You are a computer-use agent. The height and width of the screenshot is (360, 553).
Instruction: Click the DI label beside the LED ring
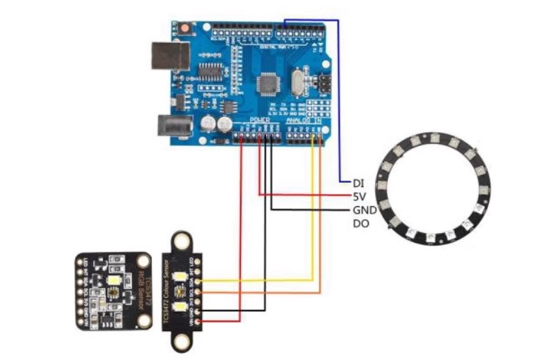tap(359, 183)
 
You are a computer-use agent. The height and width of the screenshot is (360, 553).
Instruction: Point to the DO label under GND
tap(360, 224)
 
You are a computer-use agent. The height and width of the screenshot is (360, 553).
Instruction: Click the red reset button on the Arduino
tap(186, 29)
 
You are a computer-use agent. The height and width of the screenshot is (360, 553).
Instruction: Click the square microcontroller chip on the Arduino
tap(270, 83)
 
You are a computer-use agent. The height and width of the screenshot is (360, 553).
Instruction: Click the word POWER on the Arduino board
tap(260, 121)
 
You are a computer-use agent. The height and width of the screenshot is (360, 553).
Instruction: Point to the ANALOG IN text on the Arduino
tap(303, 121)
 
